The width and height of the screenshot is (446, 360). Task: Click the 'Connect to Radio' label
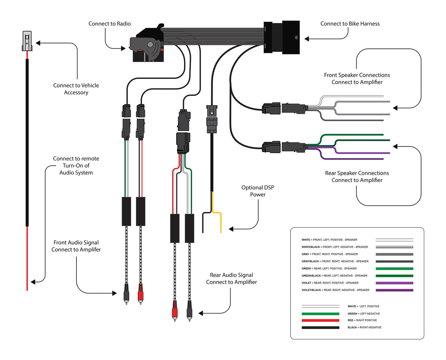coord(110,24)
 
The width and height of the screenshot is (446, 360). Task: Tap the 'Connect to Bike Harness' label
coord(350,24)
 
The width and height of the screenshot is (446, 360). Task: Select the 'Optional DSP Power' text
coord(258,191)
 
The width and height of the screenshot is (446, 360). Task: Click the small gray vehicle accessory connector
coord(27,40)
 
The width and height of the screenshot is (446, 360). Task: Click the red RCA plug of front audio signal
coord(140,293)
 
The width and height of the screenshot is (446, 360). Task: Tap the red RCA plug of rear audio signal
coord(175,309)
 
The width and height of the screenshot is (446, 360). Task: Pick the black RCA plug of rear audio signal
coord(189,309)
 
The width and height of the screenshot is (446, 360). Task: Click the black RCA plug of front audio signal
coord(126,293)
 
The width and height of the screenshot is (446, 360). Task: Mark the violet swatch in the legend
coord(394,283)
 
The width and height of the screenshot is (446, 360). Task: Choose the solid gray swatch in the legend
coord(394,254)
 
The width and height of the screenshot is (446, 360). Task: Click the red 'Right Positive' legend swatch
coord(320,320)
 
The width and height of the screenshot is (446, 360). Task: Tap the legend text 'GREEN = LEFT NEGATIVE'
coord(363,314)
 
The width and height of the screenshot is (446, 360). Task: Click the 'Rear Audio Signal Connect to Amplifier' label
coord(231,278)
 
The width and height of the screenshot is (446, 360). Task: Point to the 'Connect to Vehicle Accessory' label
coord(76,89)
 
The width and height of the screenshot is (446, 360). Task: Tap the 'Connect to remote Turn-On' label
coord(76,165)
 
